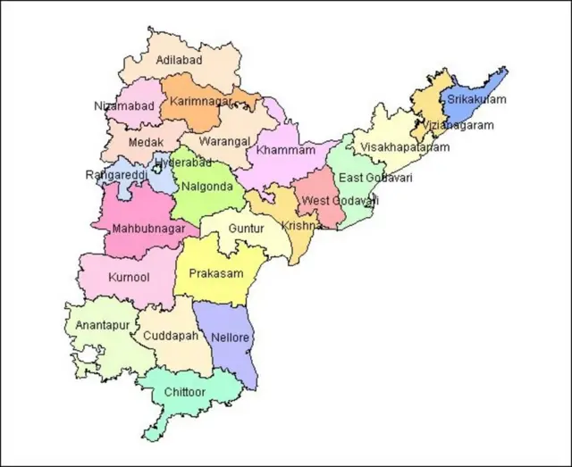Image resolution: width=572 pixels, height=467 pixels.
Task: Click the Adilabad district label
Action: click(x=179, y=60)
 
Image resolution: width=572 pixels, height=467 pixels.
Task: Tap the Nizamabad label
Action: click(x=124, y=105)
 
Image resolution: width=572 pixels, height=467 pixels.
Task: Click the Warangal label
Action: click(x=224, y=141)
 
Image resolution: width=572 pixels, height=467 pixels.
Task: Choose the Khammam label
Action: click(x=286, y=150)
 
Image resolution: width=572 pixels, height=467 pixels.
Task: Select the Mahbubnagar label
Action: click(x=148, y=229)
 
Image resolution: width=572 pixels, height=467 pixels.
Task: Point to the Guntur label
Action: click(x=247, y=229)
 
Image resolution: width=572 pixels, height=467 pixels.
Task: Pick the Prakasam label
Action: click(x=216, y=272)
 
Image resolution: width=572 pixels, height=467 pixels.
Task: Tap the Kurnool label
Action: click(x=129, y=277)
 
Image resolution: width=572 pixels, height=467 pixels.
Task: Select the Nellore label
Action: click(x=232, y=338)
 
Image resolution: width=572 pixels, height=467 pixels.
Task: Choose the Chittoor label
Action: click(x=185, y=392)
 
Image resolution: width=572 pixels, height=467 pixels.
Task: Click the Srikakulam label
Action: click(x=476, y=99)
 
